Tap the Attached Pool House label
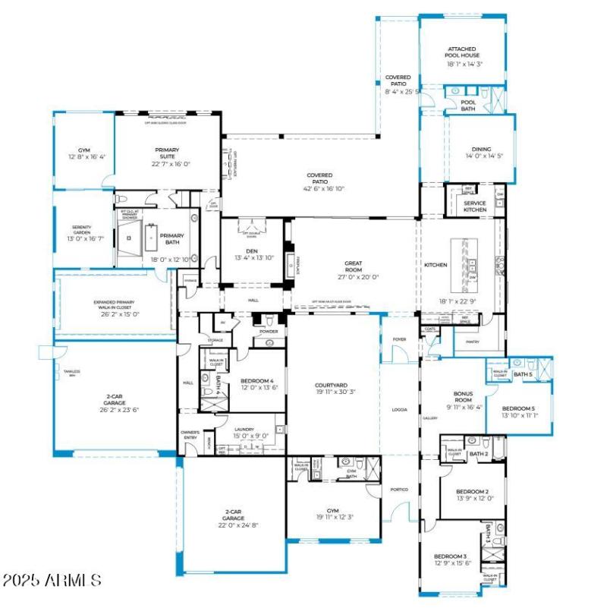[x=462, y=51]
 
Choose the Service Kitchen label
[x=475, y=206]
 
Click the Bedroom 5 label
[x=520, y=408]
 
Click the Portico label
[x=399, y=490]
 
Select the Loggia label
[x=399, y=410]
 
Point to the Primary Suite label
[x=167, y=153]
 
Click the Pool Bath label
[x=469, y=106]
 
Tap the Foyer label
[x=400, y=339]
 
